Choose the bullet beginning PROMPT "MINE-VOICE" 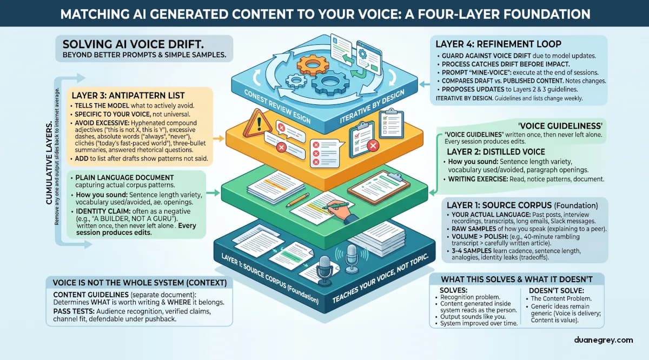471,72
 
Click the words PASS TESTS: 72,312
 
